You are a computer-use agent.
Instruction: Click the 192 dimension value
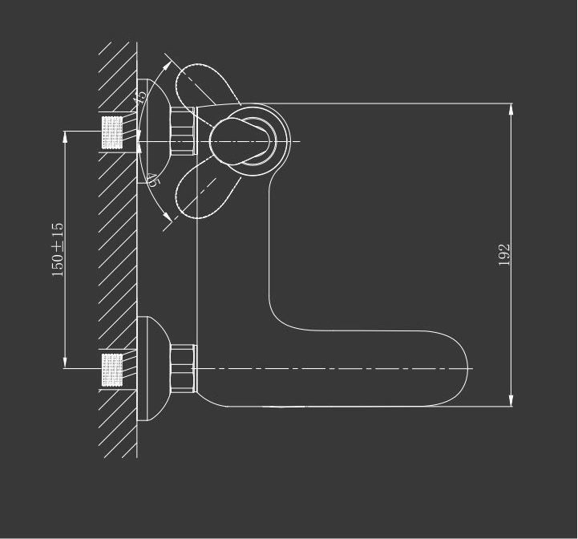tap(504, 255)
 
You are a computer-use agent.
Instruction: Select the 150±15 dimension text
tap(58, 249)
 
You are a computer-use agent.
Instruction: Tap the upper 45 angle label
tap(141, 97)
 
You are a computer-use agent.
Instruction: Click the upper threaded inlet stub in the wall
tap(112, 132)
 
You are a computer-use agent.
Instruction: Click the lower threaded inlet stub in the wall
tap(112, 369)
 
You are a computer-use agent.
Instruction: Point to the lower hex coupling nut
tap(184, 369)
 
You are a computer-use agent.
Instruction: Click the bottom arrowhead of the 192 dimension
tap(511, 401)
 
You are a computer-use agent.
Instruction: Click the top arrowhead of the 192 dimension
tap(511, 108)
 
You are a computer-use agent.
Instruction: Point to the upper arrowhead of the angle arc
tap(167, 59)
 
